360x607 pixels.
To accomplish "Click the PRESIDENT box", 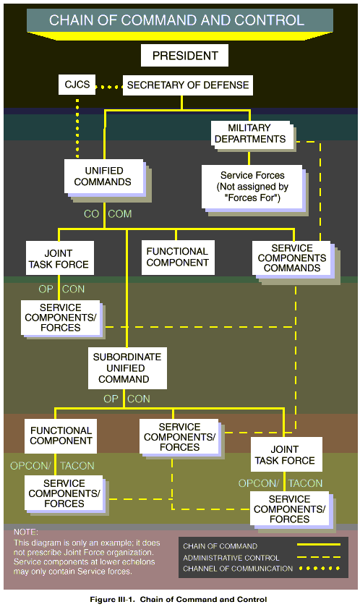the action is pos(184,56).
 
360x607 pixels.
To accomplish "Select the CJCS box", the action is pos(77,85).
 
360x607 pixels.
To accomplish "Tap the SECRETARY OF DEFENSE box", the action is pos(188,85).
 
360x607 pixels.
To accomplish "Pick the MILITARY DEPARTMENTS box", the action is pos(251,134).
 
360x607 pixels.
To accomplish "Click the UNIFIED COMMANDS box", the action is pos(103,177).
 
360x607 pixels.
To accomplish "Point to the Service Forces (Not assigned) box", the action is pos(252,187).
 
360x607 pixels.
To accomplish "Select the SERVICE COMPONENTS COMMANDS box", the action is pos(292,258).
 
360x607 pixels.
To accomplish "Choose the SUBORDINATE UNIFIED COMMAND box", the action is pos(127,368).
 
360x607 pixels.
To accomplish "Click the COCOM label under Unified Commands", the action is pos(108,213).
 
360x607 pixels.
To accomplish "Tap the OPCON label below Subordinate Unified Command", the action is pos(127,399).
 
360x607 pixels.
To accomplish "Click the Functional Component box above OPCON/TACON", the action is pos(61,436).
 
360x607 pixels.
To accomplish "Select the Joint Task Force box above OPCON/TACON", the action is pos(286,454).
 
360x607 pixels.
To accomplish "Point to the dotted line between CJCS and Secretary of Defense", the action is pos(109,87).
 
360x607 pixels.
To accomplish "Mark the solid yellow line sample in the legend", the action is pos(319,545).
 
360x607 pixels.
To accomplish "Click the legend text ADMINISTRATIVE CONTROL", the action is pos(231,558).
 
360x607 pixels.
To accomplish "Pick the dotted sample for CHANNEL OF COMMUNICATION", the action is pos(320,568).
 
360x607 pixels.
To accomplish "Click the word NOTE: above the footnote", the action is pos(25,532).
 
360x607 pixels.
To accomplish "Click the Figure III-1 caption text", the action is pos(179,599).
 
